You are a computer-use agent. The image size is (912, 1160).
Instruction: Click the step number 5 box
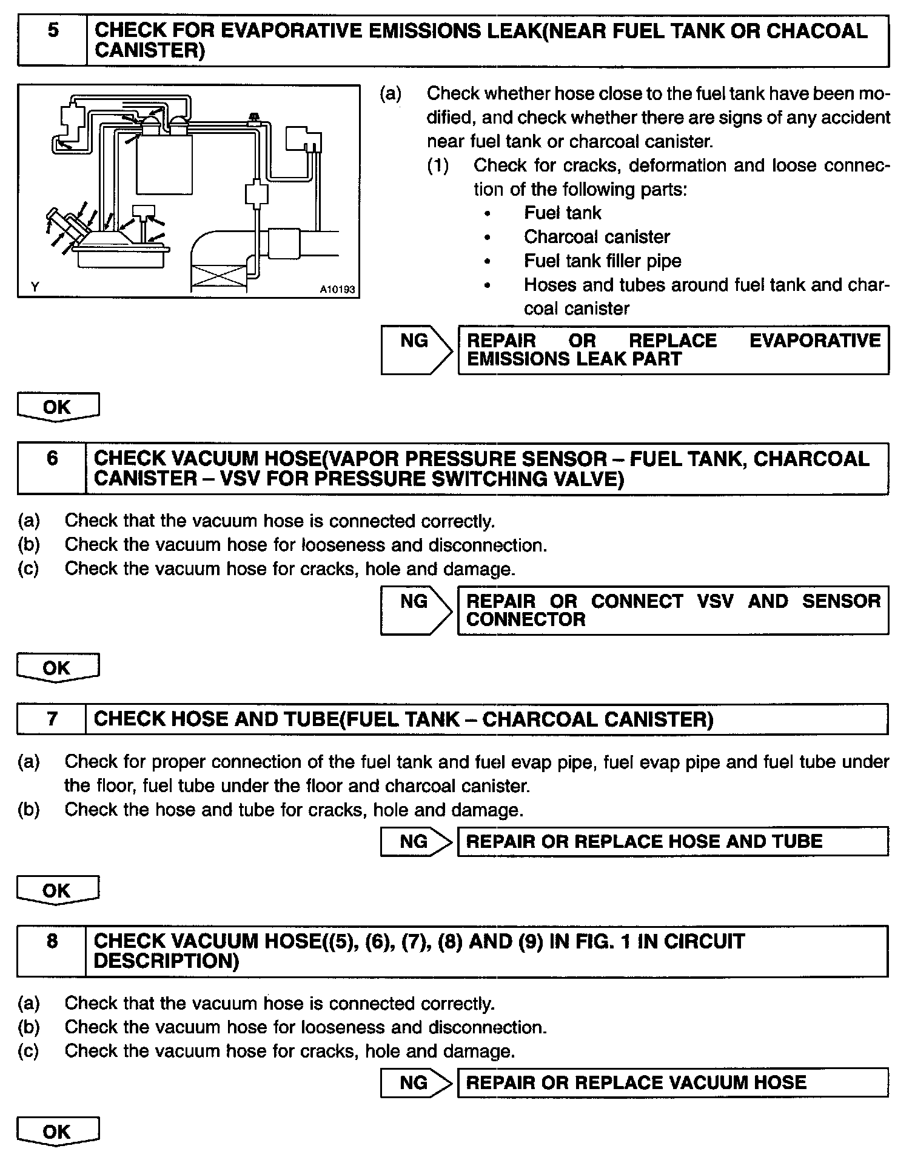pyautogui.click(x=52, y=41)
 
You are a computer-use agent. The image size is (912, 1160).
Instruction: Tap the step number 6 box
pyautogui.click(x=52, y=468)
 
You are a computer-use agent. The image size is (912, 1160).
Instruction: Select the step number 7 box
pyautogui.click(x=52, y=719)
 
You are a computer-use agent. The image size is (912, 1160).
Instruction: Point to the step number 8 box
pyautogui.click(x=52, y=950)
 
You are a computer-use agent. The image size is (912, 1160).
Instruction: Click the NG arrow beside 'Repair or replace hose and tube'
pyautogui.click(x=416, y=841)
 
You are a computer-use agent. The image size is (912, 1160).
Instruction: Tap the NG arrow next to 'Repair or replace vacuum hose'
pyautogui.click(x=416, y=1082)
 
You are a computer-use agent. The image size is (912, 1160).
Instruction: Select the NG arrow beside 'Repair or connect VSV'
pyautogui.click(x=416, y=610)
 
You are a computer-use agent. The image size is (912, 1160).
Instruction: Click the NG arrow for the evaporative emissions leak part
pyautogui.click(x=416, y=350)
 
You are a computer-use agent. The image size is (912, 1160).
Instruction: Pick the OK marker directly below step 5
pyautogui.click(x=58, y=407)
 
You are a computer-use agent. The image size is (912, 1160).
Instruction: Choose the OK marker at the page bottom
pyautogui.click(x=58, y=1132)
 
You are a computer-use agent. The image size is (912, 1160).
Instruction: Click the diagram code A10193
pyautogui.click(x=337, y=290)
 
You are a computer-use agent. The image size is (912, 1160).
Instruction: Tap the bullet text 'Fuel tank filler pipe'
pyautogui.click(x=602, y=261)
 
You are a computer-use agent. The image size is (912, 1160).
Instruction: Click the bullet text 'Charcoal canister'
pyautogui.click(x=597, y=236)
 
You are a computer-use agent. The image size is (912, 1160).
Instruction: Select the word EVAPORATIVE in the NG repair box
pyautogui.click(x=814, y=341)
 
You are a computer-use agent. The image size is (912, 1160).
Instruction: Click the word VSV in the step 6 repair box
pyautogui.click(x=715, y=601)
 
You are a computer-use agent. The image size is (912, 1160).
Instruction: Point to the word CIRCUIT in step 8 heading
pyautogui.click(x=703, y=941)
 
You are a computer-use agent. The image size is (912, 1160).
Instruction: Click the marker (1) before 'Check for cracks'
pyautogui.click(x=438, y=165)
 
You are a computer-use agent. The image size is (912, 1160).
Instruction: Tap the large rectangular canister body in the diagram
pyautogui.click(x=164, y=164)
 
